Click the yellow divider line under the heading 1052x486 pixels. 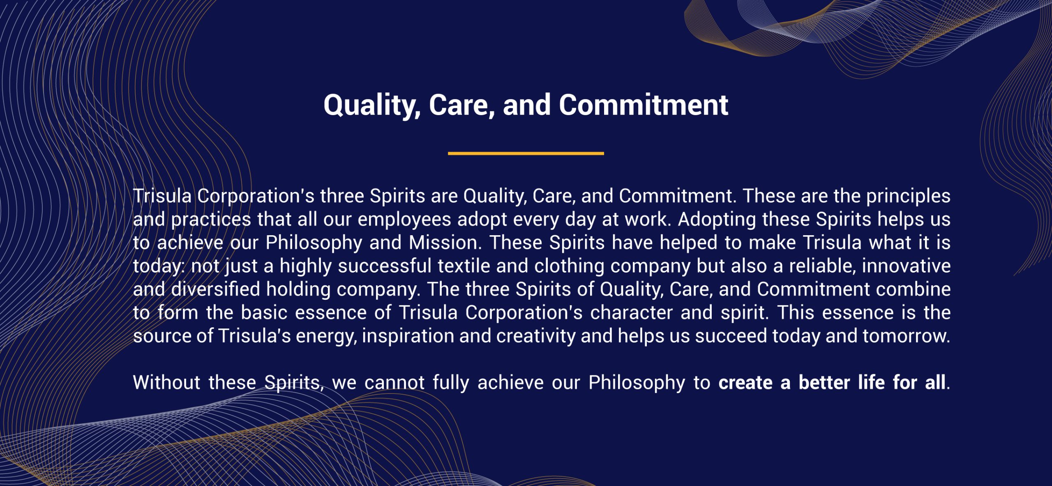(526, 153)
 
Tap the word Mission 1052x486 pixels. (445, 243)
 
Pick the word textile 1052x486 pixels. (464, 266)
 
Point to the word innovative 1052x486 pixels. (906, 266)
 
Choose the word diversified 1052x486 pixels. (215, 289)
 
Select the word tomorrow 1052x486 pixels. (906, 336)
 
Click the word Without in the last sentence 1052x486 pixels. (166, 383)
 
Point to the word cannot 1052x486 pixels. (394, 383)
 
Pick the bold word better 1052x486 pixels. (824, 383)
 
